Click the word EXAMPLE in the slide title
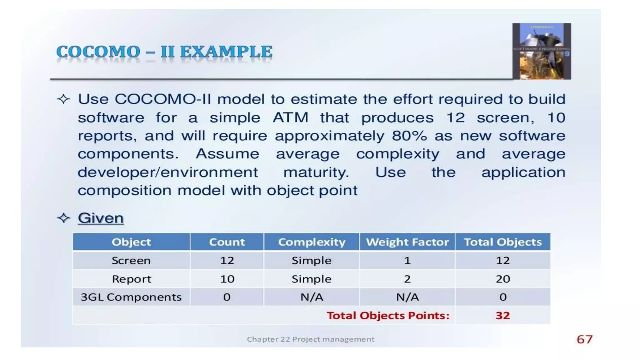(x=226, y=52)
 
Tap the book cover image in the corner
(x=541, y=51)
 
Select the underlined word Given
(x=101, y=218)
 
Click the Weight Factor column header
(x=407, y=242)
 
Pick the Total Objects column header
(x=502, y=242)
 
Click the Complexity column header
(x=312, y=242)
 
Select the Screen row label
(x=131, y=260)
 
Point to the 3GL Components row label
(x=131, y=297)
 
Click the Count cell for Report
(x=227, y=279)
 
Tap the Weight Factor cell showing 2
(x=407, y=279)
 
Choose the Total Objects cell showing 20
(x=502, y=279)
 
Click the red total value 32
(x=502, y=315)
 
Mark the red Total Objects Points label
(x=388, y=315)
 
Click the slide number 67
(x=584, y=339)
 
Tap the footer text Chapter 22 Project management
(x=310, y=339)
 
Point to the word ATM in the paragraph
(x=290, y=118)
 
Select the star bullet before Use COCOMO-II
(x=63, y=99)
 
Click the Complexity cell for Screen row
(x=312, y=260)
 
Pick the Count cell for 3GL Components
(x=227, y=297)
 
